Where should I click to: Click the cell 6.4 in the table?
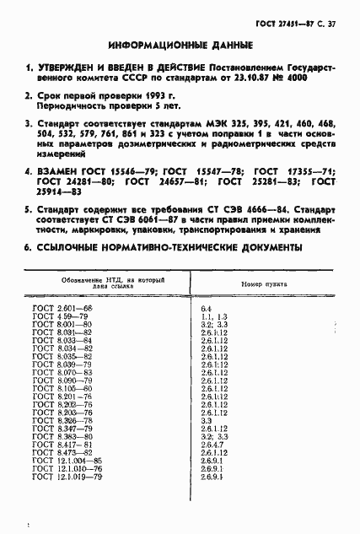point(206,309)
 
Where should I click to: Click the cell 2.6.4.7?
point(213,444)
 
